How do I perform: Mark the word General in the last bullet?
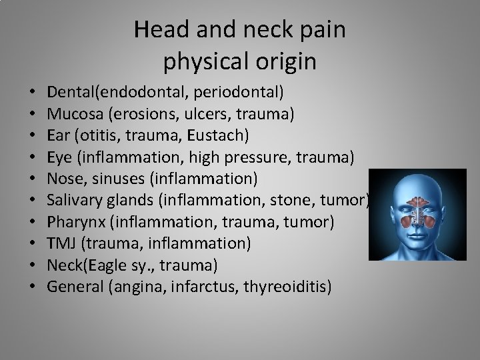coord(73,287)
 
